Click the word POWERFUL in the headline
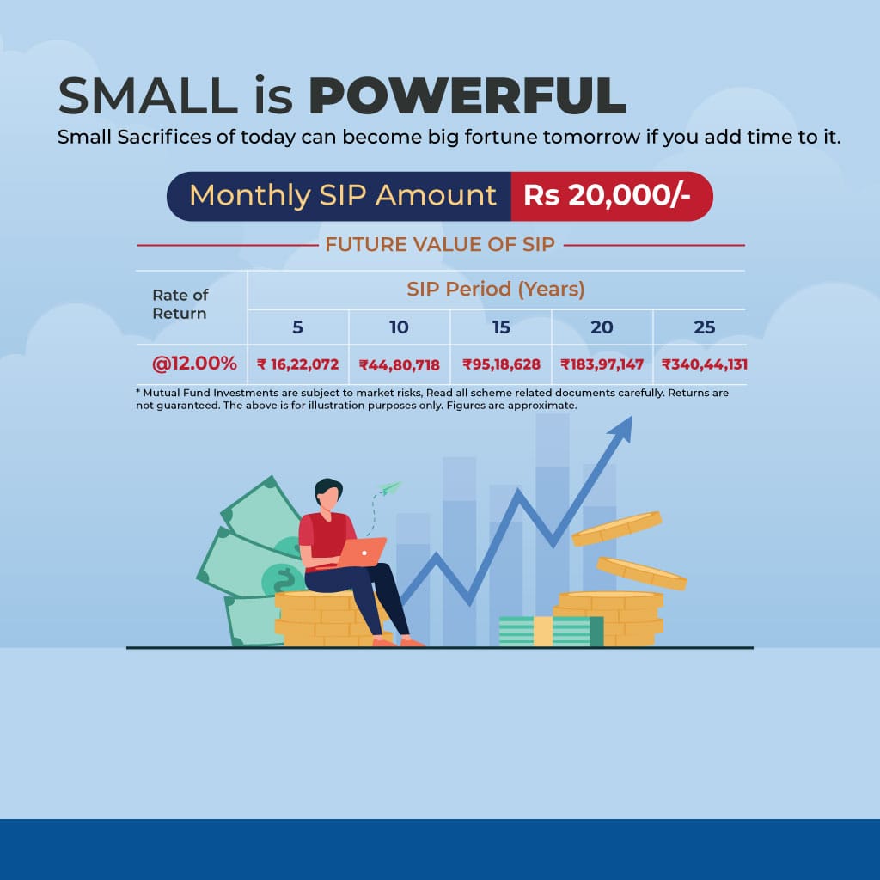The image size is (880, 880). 467,95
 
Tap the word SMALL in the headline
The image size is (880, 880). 148,95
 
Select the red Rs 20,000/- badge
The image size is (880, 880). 612,196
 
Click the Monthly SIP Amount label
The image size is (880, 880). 343,195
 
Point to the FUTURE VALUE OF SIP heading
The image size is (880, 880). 440,245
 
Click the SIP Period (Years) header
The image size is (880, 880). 496,289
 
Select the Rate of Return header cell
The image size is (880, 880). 180,303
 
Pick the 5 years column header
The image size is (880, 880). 297,327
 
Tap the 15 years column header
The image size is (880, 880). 501,327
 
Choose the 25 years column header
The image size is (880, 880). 705,327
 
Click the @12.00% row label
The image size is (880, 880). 194,364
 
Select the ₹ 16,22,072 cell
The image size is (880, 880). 298,364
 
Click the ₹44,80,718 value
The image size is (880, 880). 399,365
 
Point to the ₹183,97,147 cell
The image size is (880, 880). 602,364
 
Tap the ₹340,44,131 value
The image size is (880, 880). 705,364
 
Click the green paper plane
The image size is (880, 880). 389,488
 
